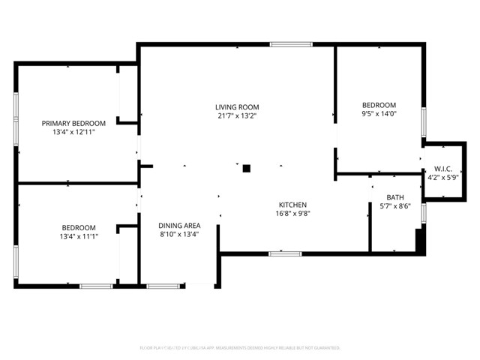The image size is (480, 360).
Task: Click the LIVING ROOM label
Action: coord(237,107)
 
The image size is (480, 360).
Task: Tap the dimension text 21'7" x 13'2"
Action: coord(237,116)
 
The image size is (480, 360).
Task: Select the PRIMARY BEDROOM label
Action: coord(73,123)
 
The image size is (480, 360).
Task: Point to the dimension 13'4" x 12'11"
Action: coord(73,132)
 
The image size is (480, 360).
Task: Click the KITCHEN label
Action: coord(293,205)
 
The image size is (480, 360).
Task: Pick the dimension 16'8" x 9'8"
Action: coord(293,214)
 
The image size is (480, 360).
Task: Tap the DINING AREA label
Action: coord(179,226)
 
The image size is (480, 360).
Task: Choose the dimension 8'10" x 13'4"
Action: coord(179,235)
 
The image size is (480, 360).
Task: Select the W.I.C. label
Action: coord(442,169)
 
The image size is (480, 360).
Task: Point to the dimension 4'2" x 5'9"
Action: coord(442,178)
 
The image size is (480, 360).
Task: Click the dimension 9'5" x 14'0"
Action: coord(379,115)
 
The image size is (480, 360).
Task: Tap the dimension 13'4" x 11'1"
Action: coord(79,236)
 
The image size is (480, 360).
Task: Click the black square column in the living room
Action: coord(246,169)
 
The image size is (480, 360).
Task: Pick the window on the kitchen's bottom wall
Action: coord(280,253)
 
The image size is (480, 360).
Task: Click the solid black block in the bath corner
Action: coord(420,240)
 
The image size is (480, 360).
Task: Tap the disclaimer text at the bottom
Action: coord(240,348)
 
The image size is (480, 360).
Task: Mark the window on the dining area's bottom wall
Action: coord(163,286)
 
